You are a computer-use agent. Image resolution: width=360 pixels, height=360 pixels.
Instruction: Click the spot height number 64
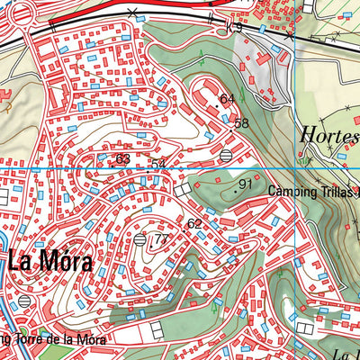click(227, 98)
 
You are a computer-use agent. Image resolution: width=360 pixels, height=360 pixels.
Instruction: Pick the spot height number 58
click(241, 123)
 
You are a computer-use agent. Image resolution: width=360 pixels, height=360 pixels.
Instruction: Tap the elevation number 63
click(123, 159)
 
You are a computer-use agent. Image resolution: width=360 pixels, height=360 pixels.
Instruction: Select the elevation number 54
click(158, 164)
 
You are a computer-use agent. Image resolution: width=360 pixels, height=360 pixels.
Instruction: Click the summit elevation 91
click(245, 184)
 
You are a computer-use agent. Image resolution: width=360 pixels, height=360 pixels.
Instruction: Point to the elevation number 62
click(194, 222)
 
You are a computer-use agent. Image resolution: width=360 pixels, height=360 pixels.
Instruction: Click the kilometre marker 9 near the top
click(238, 28)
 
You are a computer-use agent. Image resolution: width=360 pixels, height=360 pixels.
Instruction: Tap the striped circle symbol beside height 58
click(224, 156)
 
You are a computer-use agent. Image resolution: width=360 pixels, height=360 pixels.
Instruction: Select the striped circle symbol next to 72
click(139, 239)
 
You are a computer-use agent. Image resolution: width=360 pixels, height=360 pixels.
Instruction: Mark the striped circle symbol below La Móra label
click(24, 299)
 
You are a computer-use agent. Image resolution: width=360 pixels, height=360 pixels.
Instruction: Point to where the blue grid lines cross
click(294, 168)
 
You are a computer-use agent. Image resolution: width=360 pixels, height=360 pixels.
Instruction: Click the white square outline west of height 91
click(184, 190)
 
